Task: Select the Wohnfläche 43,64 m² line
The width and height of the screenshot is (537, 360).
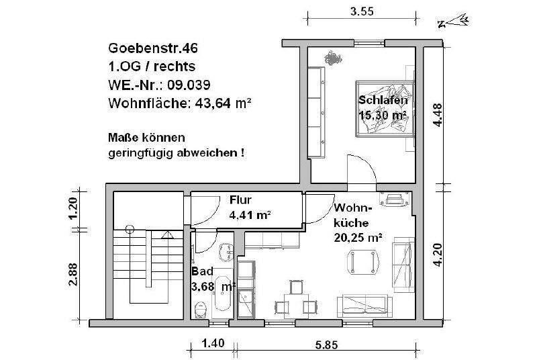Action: (179, 103)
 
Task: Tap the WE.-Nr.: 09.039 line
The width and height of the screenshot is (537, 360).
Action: (159, 85)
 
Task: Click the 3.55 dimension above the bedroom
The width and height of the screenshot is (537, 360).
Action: (362, 11)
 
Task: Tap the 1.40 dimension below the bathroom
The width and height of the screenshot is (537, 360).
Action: (213, 344)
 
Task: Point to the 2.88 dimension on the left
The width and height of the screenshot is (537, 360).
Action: (74, 274)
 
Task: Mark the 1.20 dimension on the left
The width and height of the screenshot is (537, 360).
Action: (74, 210)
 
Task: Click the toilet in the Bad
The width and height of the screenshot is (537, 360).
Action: (200, 310)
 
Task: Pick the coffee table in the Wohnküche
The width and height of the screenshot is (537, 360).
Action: (361, 261)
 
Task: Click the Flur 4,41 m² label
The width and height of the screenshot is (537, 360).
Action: (249, 208)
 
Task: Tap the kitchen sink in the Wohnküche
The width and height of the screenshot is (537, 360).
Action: (246, 302)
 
